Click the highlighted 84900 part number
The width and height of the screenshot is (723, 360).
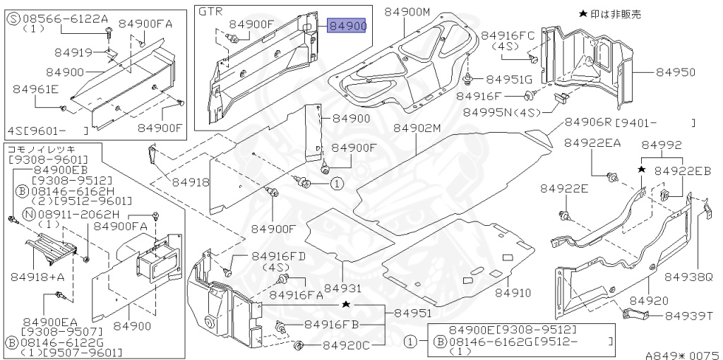click(347, 26)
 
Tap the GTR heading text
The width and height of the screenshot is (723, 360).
click(210, 12)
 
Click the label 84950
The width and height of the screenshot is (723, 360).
click(675, 72)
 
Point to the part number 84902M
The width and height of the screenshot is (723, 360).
click(417, 128)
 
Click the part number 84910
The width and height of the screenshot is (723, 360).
click(512, 292)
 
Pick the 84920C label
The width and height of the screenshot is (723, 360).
click(346, 346)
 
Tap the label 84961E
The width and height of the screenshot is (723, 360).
click(35, 89)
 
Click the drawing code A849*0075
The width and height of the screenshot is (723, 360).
click(681, 356)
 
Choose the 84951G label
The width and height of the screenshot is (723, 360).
click(508, 79)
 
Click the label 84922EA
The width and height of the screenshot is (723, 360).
click(592, 143)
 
